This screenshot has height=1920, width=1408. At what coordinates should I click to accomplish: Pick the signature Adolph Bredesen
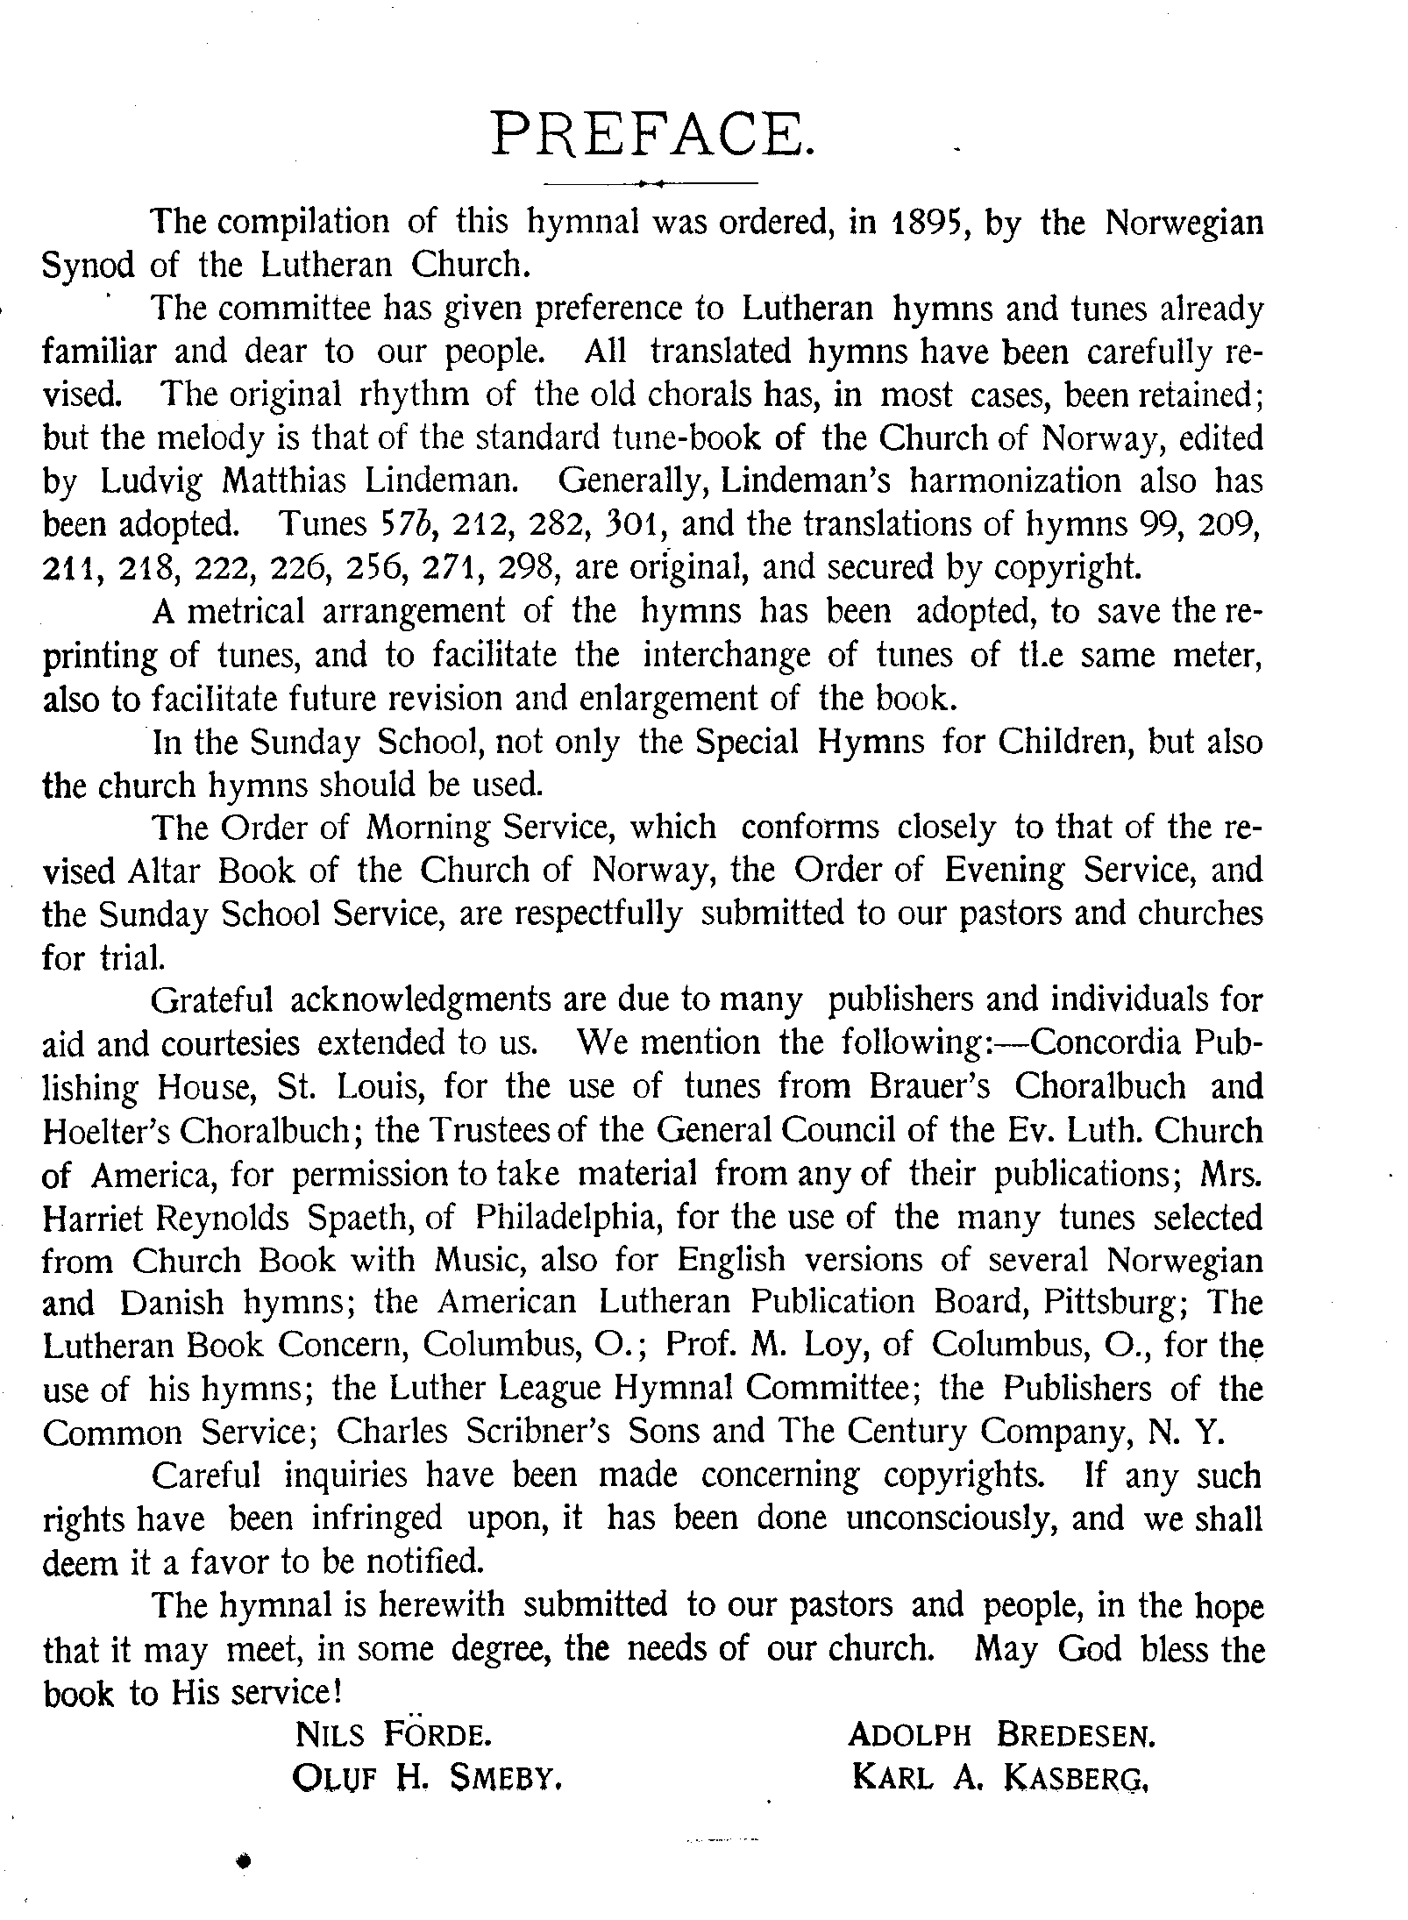coord(1000,1735)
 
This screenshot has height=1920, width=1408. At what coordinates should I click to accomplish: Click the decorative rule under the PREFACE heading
coord(651,183)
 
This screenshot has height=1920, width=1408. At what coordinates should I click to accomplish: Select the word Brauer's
coord(929,1087)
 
